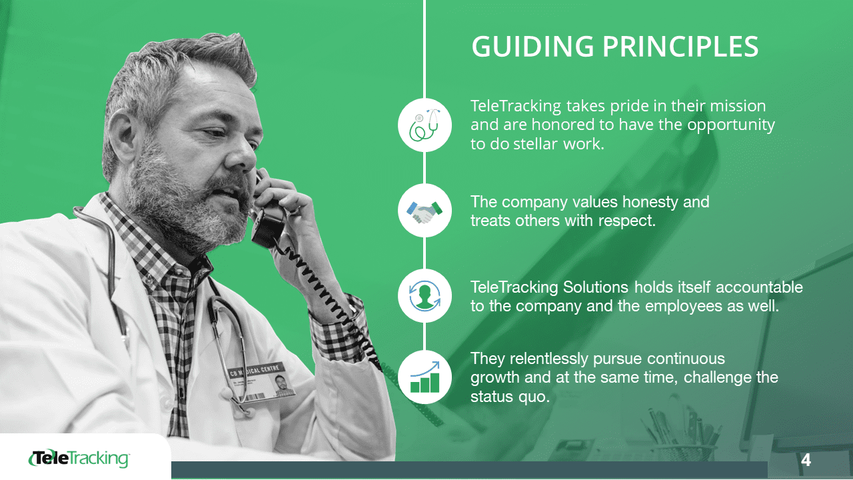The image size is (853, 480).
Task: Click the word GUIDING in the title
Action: [532, 47]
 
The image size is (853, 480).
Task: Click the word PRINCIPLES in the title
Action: [681, 47]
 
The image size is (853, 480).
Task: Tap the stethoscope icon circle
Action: [425, 125]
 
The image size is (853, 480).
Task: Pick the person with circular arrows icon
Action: [425, 296]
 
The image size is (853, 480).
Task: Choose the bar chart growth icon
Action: [425, 377]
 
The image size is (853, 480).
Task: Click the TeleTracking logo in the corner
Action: [79, 458]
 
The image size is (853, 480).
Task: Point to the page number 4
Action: [806, 460]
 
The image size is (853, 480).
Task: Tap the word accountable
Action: [759, 287]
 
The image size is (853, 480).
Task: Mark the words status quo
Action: [510, 397]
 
